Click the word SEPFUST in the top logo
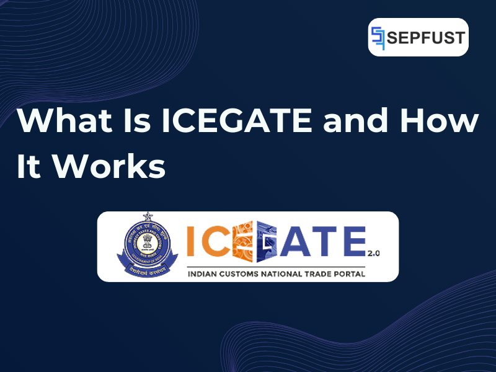pos(426,37)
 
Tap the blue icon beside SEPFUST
pos(378,37)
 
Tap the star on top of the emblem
pos(148,216)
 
